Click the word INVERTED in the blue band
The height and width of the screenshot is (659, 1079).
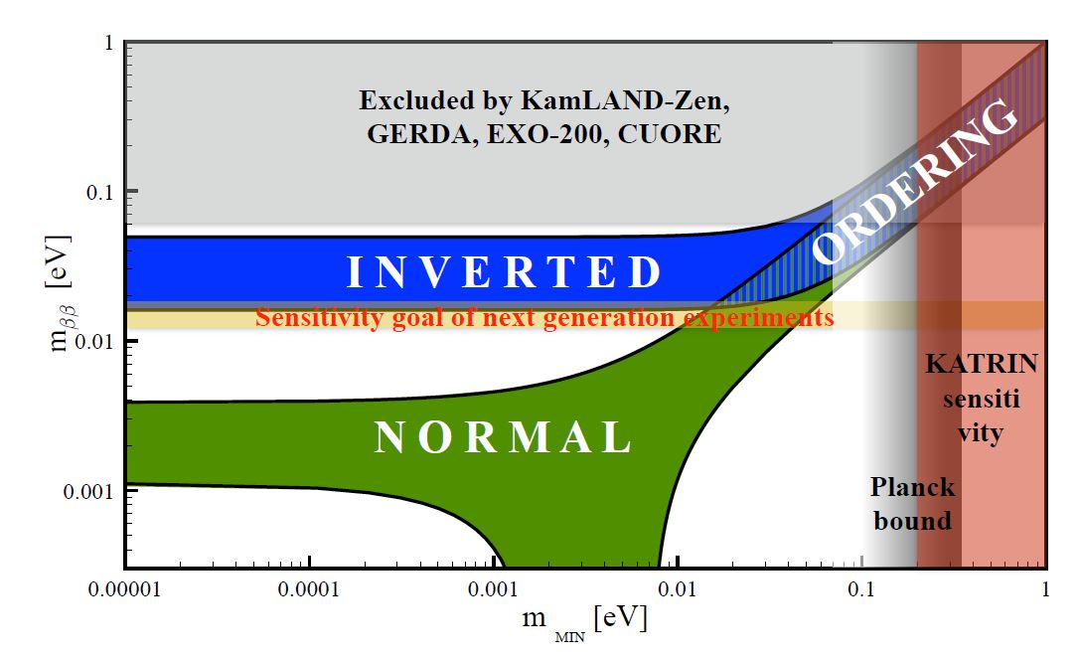[x=505, y=272]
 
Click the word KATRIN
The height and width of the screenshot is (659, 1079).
[x=981, y=364]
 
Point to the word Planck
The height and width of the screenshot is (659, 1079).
[x=912, y=488]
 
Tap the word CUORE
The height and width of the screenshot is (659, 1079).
[x=672, y=134]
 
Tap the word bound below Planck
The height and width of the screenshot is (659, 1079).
[x=912, y=520]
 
